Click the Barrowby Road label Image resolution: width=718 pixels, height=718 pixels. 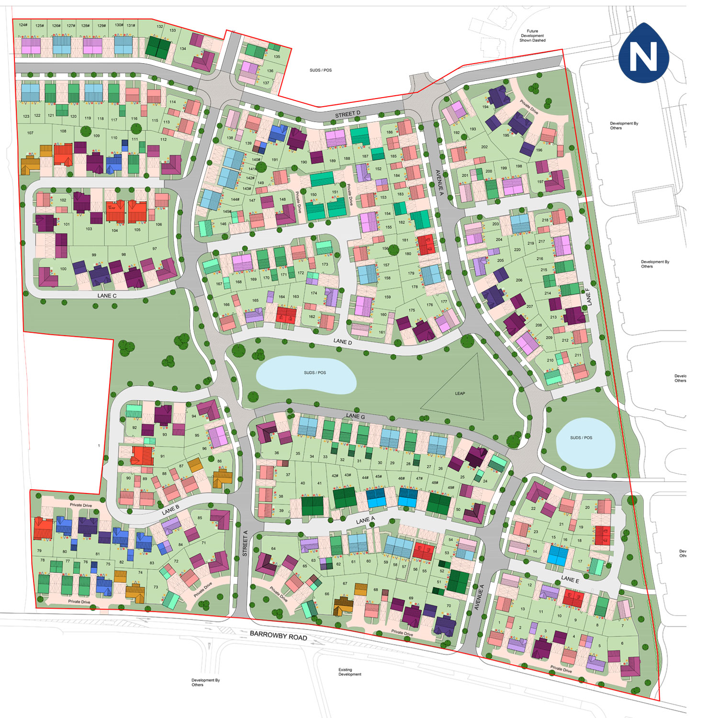coord(278,636)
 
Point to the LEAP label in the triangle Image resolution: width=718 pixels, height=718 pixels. coord(460,393)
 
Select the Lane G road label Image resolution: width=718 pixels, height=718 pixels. coord(356,416)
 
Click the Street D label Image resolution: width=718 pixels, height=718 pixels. coord(348,114)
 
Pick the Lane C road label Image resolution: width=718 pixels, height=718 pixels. coord(107,295)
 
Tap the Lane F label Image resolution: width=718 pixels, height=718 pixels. coord(588,297)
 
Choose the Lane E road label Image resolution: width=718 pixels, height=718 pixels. coord(570,579)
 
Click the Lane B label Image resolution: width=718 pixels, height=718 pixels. coord(170,510)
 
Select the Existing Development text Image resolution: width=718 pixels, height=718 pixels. coord(349,672)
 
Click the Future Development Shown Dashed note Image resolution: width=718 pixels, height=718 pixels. coord(532,36)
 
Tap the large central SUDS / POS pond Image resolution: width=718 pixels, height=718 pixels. coord(306,374)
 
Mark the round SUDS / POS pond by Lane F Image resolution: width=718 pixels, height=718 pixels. coord(585,443)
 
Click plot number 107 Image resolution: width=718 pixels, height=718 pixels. coord(30,133)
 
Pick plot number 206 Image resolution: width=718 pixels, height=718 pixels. coord(519,280)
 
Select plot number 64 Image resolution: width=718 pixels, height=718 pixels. coord(273,549)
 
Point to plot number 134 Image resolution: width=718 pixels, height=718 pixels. coord(183,48)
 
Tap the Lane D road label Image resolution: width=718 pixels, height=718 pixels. coord(342,342)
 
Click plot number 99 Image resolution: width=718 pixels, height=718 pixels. coord(94,255)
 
